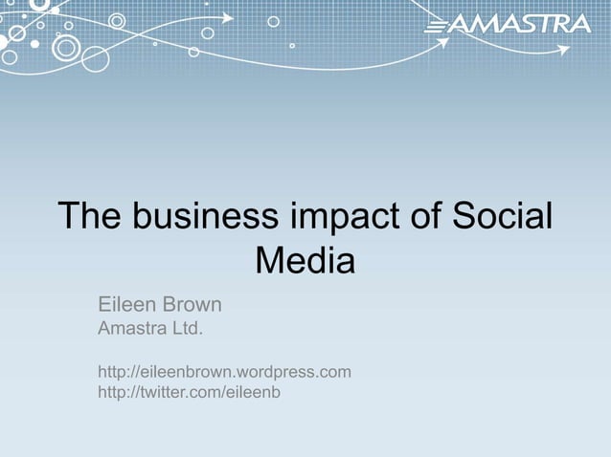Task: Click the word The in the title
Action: (x=90, y=216)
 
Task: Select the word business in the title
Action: (x=197, y=216)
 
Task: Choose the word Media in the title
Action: (x=305, y=261)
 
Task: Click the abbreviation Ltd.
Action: (x=188, y=330)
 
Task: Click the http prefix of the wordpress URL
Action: (x=112, y=371)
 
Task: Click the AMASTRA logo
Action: (x=508, y=24)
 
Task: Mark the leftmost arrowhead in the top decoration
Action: (x=228, y=17)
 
